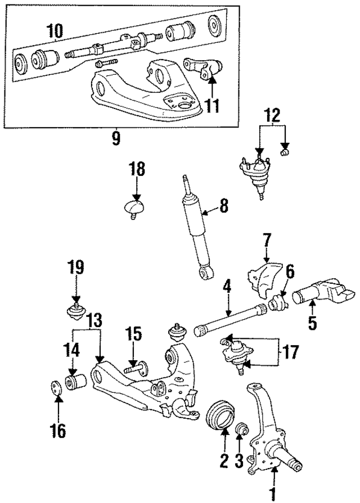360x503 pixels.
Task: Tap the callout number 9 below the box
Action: tap(115, 138)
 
